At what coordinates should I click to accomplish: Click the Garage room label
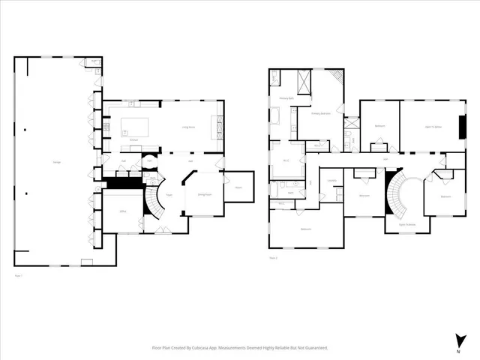(57, 163)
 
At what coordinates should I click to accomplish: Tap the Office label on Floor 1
(121, 213)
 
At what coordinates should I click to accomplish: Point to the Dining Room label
(202, 194)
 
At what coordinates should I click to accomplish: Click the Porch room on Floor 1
(238, 187)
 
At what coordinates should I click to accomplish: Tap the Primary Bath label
(286, 97)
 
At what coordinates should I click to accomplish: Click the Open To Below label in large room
(433, 126)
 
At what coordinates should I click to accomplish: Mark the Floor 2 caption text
(273, 258)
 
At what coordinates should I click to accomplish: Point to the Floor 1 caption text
(18, 276)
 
